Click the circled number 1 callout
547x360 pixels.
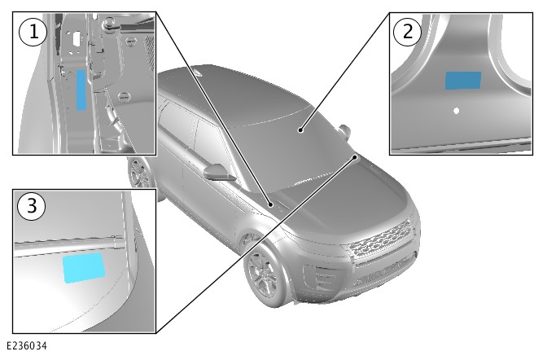[x=33, y=32]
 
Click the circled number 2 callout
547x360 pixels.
[x=408, y=32]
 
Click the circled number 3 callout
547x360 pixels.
[x=32, y=205]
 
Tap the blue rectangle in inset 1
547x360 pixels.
[x=81, y=90]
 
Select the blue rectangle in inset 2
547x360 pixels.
[x=463, y=81]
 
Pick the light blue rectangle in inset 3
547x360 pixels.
[x=84, y=267]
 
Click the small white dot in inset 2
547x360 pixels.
[x=456, y=111]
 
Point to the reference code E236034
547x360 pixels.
[x=27, y=346]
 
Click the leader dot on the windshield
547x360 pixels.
[x=300, y=130]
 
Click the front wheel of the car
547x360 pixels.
[x=264, y=277]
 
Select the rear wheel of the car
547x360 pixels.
[x=140, y=172]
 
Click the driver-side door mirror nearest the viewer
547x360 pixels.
[x=217, y=173]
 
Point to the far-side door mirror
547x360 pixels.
[x=344, y=130]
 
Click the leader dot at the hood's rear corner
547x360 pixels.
[x=355, y=157]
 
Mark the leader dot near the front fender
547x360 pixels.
[x=270, y=204]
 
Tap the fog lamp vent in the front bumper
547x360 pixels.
[x=319, y=277]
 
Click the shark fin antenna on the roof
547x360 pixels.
[x=198, y=73]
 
